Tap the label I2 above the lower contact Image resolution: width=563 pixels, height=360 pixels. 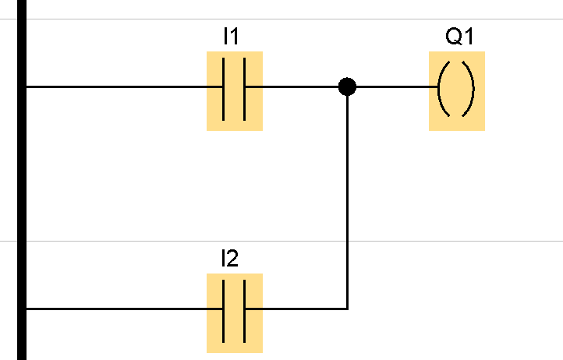pos(229,259)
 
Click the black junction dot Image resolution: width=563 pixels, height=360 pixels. pos(347,86)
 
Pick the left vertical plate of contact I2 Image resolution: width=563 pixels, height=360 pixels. pos(224,309)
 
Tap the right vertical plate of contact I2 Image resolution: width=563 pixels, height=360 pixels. pos(245,309)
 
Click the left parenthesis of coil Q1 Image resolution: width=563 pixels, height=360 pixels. pos(442,88)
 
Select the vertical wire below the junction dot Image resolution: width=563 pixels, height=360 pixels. pos(347,195)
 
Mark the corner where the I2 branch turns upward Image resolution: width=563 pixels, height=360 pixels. pos(347,309)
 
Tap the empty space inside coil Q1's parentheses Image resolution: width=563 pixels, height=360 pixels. pos(456,88)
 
